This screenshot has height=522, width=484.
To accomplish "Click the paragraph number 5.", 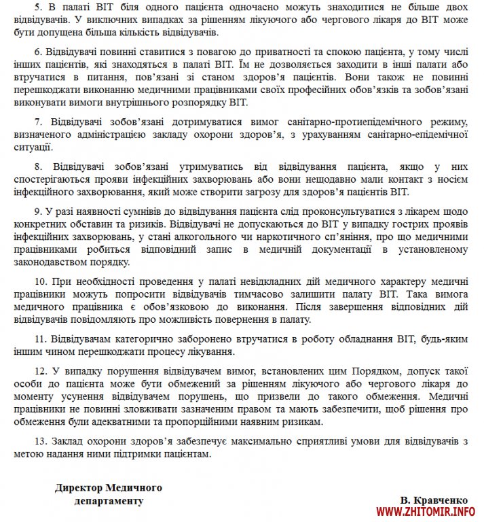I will tap(37, 7).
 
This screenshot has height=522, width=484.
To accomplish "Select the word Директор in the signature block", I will tap(81, 487).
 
